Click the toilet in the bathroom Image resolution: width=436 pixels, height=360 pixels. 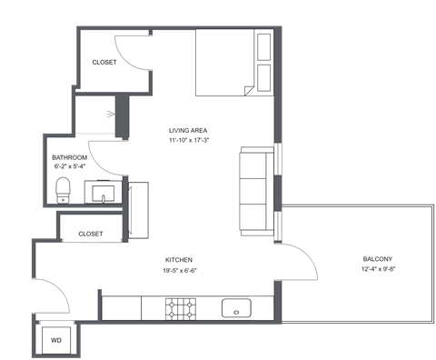point(63,190)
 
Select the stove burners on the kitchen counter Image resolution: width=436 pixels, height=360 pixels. point(181,309)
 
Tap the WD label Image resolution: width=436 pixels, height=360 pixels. point(56,340)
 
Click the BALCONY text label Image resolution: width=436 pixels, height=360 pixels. point(353,258)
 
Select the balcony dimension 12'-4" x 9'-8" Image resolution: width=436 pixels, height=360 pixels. point(353,270)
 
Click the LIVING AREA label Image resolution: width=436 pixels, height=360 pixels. point(189,129)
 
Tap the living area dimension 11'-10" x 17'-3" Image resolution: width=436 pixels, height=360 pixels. point(189,141)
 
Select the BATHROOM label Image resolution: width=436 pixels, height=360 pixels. point(69,157)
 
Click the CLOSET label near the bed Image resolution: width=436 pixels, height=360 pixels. point(105,63)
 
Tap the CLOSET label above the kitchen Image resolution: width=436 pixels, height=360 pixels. point(90,234)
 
